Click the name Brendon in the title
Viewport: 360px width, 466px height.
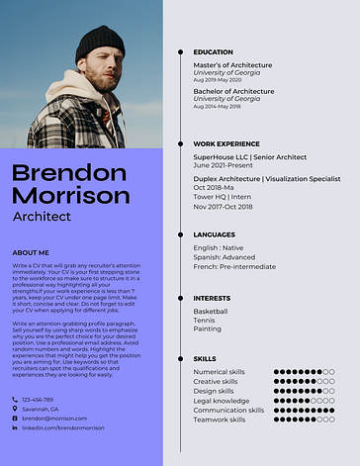69,173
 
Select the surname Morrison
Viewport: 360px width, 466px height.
71,195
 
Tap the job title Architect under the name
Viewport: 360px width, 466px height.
42,216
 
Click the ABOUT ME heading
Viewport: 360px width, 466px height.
31,252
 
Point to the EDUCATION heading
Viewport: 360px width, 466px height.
213,51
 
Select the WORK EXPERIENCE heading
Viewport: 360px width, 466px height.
226,143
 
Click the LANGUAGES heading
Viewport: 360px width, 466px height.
215,234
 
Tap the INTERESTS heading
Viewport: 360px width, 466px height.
212,297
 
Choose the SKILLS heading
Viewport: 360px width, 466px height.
205,358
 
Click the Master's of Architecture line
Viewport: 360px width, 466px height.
232,64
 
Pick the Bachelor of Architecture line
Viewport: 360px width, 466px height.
233,91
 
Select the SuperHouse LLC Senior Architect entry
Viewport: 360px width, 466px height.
251,156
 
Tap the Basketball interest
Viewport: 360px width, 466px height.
211,311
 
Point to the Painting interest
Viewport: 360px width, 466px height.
208,328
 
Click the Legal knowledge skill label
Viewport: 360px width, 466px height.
223,401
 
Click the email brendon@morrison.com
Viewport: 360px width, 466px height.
54,419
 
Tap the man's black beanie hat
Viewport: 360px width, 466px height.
99,43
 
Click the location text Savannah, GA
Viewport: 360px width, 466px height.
41,409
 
